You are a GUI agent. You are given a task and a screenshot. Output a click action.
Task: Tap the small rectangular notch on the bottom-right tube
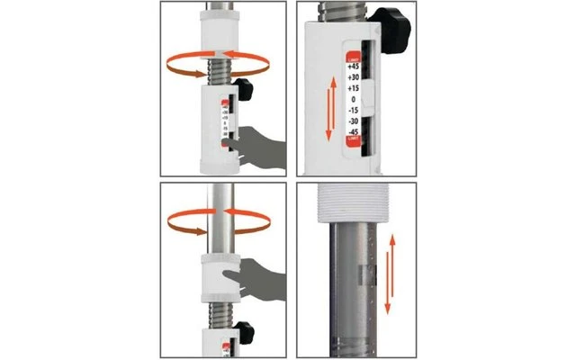point(364,274)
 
